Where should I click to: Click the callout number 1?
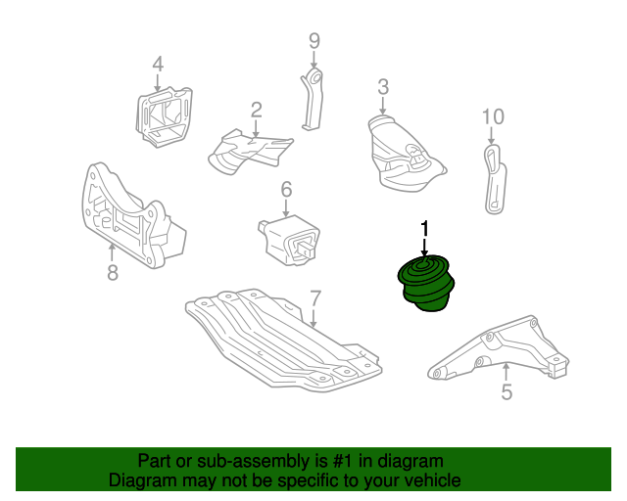pyautogui.click(x=424, y=229)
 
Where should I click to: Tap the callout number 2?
pyautogui.click(x=256, y=110)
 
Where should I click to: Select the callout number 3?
pyautogui.click(x=382, y=86)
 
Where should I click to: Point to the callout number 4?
pyautogui.click(x=157, y=66)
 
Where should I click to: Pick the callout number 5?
pyautogui.click(x=506, y=393)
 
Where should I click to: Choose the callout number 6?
pyautogui.click(x=286, y=189)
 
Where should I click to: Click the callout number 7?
pyautogui.click(x=315, y=297)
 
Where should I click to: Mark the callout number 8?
pyautogui.click(x=112, y=273)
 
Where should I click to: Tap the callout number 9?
pyautogui.click(x=313, y=40)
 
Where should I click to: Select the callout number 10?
pyautogui.click(x=493, y=117)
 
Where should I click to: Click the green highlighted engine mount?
pyautogui.click(x=426, y=287)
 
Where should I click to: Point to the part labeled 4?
pyautogui.click(x=162, y=117)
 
